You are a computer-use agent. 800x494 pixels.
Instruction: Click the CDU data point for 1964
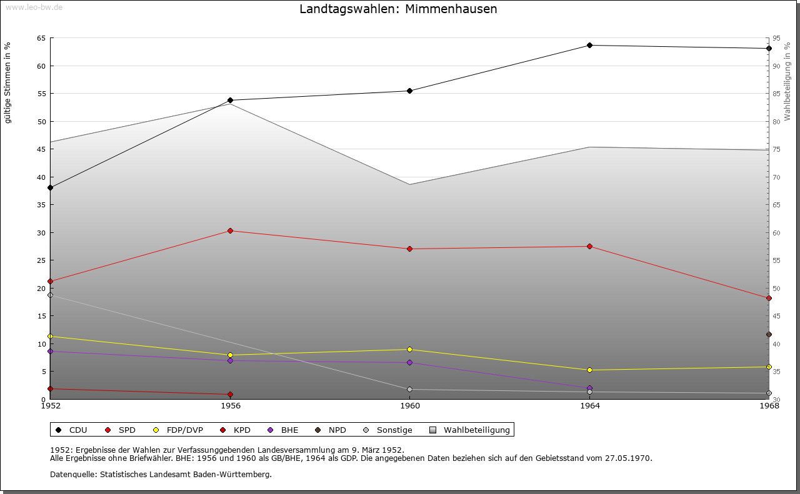click(589, 45)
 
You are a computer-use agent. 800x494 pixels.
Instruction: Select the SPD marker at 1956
click(230, 230)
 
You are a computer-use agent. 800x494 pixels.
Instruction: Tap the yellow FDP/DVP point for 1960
click(409, 349)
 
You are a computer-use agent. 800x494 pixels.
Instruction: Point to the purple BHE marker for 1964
click(589, 388)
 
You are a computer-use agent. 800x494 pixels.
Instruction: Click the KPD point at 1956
click(230, 394)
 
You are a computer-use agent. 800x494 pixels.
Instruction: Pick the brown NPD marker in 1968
click(769, 334)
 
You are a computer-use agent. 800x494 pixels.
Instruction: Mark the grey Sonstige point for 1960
click(409, 389)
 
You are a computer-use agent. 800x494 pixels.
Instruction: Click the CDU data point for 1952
click(50, 187)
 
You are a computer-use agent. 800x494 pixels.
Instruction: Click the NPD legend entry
click(337, 430)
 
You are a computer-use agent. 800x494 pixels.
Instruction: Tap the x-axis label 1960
click(409, 406)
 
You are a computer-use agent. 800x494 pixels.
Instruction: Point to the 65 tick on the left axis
click(41, 38)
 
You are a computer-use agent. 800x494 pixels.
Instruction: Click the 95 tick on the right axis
click(777, 38)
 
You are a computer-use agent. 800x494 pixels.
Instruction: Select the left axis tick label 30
click(41, 233)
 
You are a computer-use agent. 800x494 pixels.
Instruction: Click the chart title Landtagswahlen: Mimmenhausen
click(398, 9)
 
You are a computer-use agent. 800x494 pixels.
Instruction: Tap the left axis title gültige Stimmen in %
click(7, 82)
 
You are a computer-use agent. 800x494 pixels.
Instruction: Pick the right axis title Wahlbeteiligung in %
click(787, 81)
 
